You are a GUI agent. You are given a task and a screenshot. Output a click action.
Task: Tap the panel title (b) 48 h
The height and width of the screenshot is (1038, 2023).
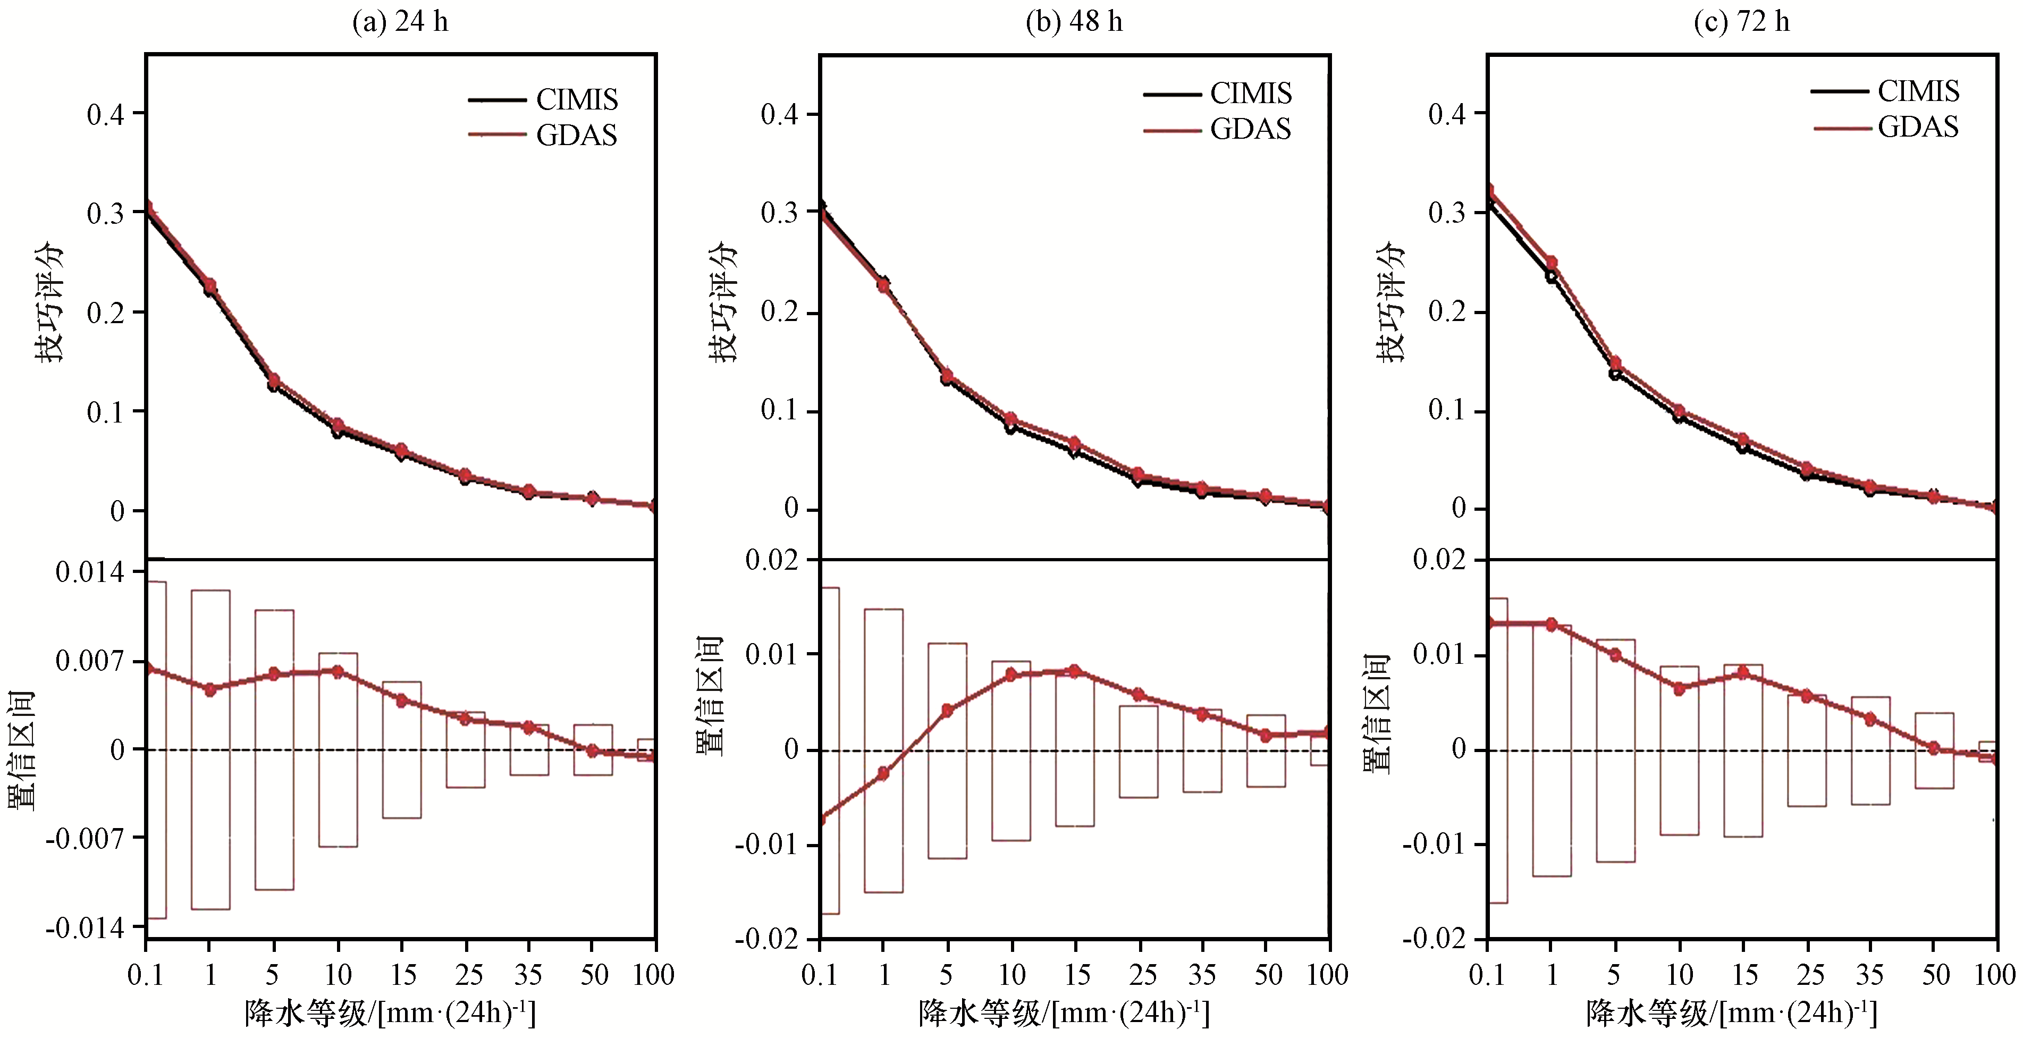coord(1074,21)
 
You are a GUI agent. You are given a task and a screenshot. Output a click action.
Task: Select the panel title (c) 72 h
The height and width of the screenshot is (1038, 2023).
coord(1741,21)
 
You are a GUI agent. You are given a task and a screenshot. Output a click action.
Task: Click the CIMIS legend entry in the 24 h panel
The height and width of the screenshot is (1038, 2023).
coord(576,100)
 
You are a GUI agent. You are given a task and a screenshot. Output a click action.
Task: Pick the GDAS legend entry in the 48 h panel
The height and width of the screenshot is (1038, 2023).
coord(1250,129)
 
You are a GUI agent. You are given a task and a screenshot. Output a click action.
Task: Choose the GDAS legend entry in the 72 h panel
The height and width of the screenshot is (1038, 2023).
coord(1917,126)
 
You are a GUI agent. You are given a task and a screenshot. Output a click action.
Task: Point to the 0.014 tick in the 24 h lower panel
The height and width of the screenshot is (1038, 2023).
coord(89,572)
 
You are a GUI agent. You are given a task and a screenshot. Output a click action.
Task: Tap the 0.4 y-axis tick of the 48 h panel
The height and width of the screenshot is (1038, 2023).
coord(779,115)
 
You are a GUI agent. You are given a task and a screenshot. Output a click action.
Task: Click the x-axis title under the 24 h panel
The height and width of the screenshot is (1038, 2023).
coord(390,1014)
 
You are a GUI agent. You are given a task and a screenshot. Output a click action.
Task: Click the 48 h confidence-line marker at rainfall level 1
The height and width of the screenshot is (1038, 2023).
coord(883,773)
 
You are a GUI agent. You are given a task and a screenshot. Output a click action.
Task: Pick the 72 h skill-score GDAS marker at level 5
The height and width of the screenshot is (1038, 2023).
coord(1615,364)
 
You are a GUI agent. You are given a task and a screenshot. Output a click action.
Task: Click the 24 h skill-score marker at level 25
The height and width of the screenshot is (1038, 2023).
coord(465,476)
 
